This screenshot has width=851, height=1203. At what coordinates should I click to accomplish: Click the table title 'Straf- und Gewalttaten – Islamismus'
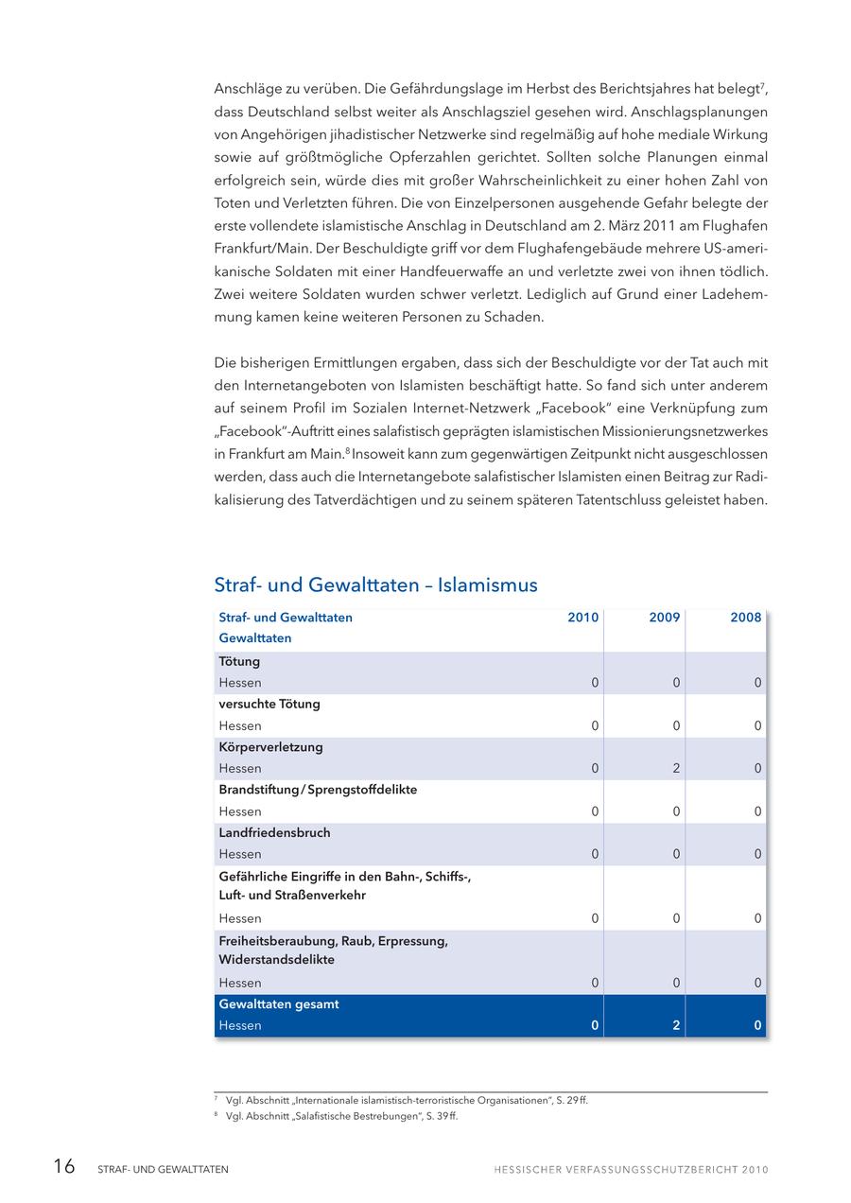pos(375,585)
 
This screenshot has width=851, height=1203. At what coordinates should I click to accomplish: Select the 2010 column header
pos(582,618)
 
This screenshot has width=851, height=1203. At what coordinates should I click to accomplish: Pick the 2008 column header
pos(745,618)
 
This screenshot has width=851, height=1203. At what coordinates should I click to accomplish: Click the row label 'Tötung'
pos(239,662)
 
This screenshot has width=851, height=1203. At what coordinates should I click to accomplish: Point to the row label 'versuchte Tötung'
pos(269,705)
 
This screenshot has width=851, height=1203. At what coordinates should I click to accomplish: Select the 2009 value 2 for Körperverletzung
pos(676,769)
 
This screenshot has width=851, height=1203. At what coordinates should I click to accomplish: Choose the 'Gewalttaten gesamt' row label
pos(278,1004)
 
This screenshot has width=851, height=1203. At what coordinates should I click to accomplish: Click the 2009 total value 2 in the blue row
pos(676,1026)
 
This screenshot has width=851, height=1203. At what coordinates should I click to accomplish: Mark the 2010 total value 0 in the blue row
pos(595,1026)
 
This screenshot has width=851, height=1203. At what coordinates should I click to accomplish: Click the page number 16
pos(64,1167)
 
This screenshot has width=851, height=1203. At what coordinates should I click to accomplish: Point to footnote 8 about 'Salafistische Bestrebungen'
pos(341,1117)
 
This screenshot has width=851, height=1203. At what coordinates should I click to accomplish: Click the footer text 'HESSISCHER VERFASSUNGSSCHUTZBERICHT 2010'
pos(631,1170)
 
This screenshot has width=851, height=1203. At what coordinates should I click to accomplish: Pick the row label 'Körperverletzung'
pos(270,747)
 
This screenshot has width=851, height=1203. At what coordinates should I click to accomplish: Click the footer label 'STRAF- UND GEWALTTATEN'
pos(163,1170)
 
